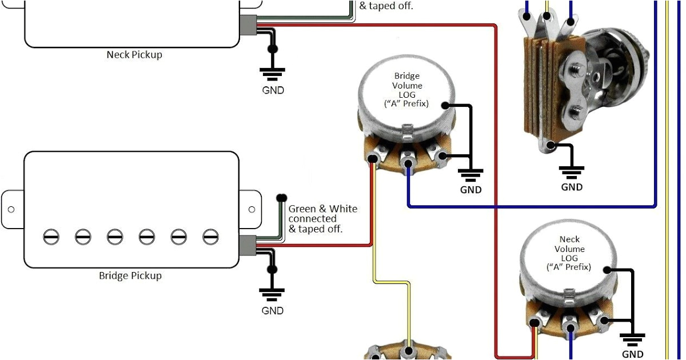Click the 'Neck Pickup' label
pos(134,55)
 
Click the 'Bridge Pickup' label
pos(130,275)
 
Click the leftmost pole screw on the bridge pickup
pos(51,236)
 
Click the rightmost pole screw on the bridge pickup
pos(211,236)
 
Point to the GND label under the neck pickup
pos(273,90)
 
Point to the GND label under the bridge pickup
pos(273,311)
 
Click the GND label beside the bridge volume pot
pos(470,190)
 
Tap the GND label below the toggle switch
pos(572,187)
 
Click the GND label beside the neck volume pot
pos(632,354)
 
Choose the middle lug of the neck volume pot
pos(569,327)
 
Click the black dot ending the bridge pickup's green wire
pos(281,198)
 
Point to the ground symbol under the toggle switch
pos(572,170)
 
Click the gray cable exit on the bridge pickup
pos(248,245)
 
